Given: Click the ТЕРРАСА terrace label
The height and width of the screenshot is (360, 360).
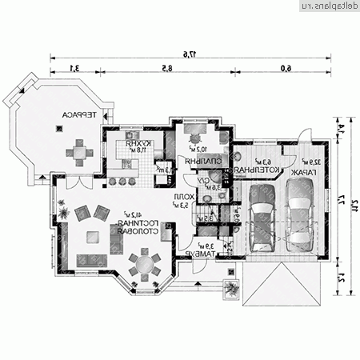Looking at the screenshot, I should [x=77, y=115].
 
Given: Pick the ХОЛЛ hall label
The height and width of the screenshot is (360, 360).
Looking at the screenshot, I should [x=182, y=194].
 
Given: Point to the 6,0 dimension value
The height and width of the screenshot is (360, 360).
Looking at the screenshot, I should [x=286, y=68].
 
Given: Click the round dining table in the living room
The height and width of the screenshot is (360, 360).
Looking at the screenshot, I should [x=144, y=263].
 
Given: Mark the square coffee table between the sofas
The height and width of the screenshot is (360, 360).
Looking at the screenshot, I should [x=94, y=235].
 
